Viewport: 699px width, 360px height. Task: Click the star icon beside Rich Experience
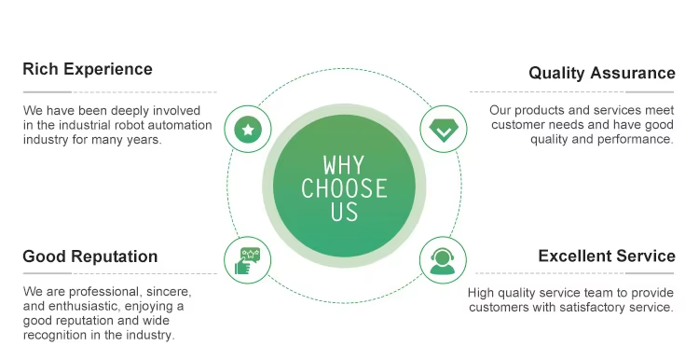[x=248, y=130]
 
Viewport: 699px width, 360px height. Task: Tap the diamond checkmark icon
[x=444, y=131]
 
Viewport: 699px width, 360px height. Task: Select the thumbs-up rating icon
[x=247, y=261]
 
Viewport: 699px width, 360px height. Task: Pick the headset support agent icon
[x=443, y=260]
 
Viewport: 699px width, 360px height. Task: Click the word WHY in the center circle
[x=344, y=165]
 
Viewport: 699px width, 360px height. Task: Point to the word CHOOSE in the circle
[x=344, y=188]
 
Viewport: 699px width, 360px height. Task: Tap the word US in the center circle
[x=344, y=212]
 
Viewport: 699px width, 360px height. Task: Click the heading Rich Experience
[x=88, y=69]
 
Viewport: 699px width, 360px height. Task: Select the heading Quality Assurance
[x=602, y=73]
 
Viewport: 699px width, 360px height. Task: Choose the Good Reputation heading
[x=90, y=256]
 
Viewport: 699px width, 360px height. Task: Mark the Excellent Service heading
[x=607, y=256]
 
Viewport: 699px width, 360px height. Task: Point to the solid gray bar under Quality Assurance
[x=650, y=92]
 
